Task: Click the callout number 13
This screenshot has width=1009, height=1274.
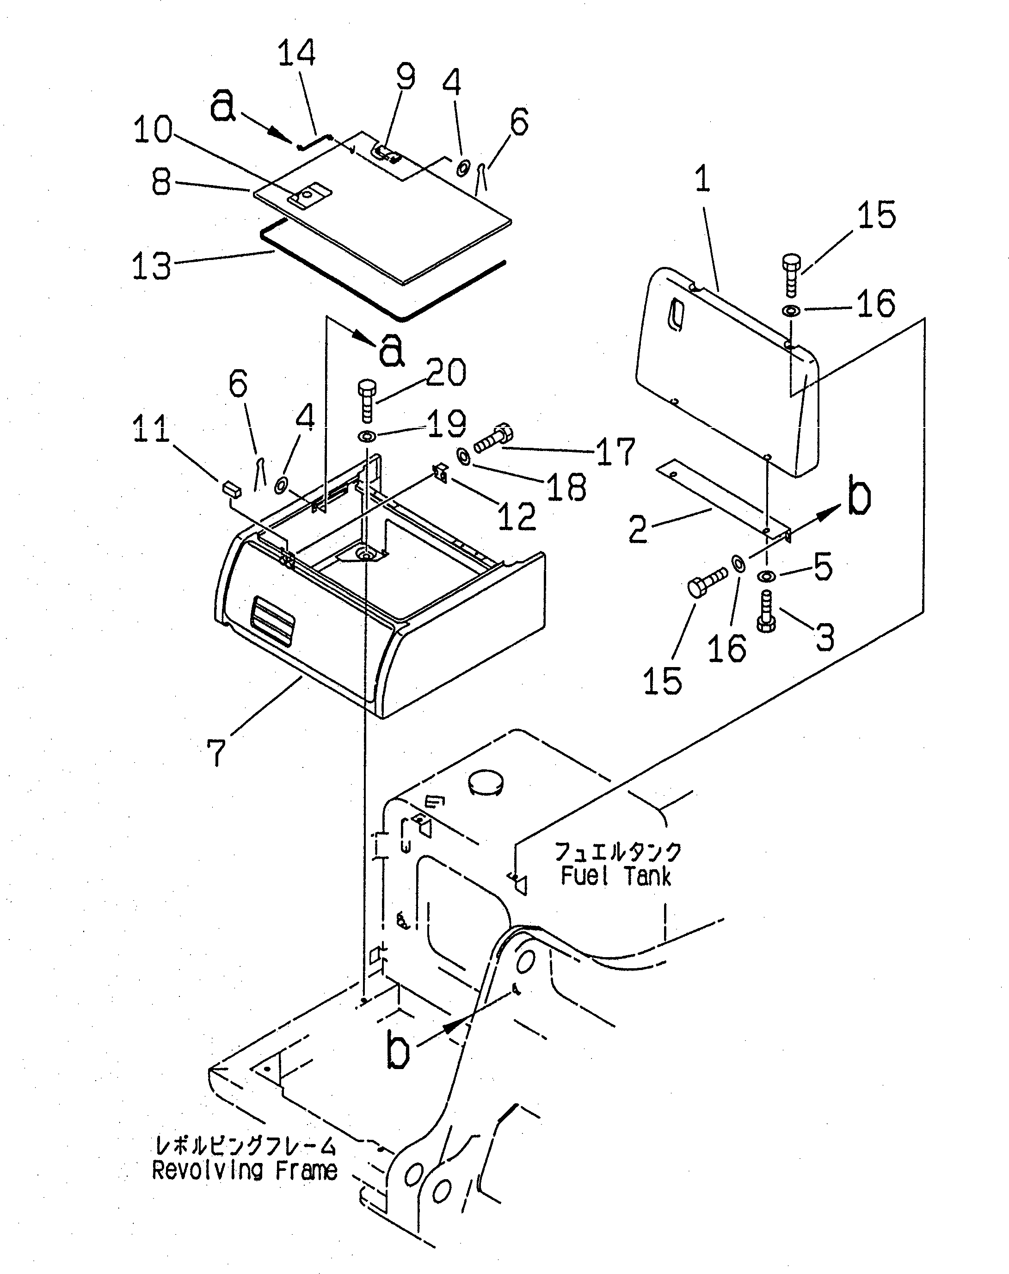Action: pos(151,266)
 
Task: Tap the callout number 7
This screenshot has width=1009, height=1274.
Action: pos(217,752)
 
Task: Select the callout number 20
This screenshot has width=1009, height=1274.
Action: pos(445,373)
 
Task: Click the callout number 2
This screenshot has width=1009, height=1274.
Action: pos(638,530)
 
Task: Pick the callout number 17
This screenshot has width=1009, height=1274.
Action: pos(615,452)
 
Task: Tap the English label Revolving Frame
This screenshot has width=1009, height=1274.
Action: pos(245,1170)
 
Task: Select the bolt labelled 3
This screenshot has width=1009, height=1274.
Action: pos(766,612)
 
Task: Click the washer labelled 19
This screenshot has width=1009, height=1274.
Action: pos(368,437)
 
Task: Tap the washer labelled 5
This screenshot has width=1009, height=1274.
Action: pos(766,575)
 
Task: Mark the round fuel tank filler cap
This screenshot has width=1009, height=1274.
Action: pos(487,782)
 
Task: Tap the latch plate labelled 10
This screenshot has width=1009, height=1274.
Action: pos(309,194)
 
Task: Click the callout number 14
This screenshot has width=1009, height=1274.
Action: pos(296,53)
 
